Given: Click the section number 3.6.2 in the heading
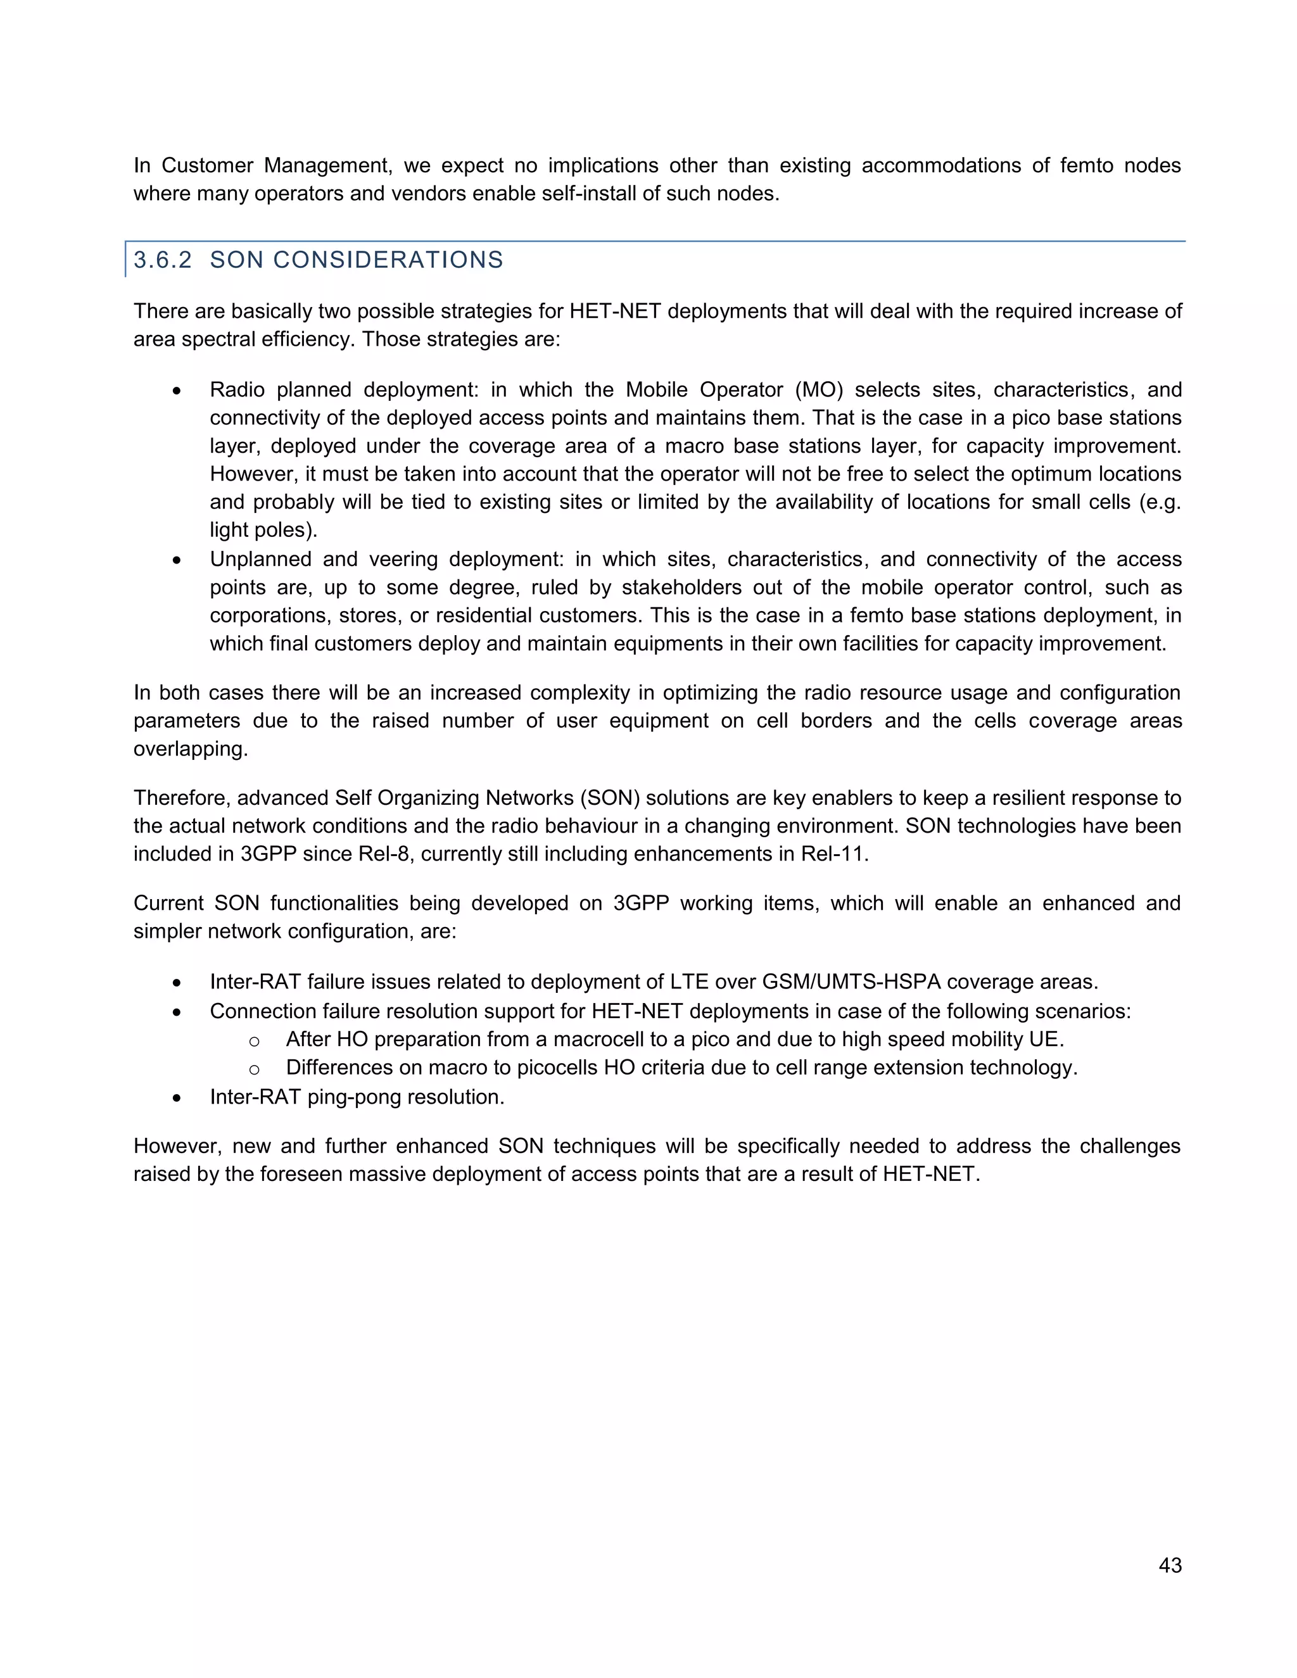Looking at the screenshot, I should (162, 260).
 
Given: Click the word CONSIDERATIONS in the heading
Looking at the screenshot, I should (388, 260).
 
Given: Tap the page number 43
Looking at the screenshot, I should (1170, 1565).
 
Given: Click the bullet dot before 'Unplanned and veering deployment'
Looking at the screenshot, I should (177, 561).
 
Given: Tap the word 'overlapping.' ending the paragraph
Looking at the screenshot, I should (191, 749).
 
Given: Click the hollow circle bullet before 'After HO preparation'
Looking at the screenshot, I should (255, 1042).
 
